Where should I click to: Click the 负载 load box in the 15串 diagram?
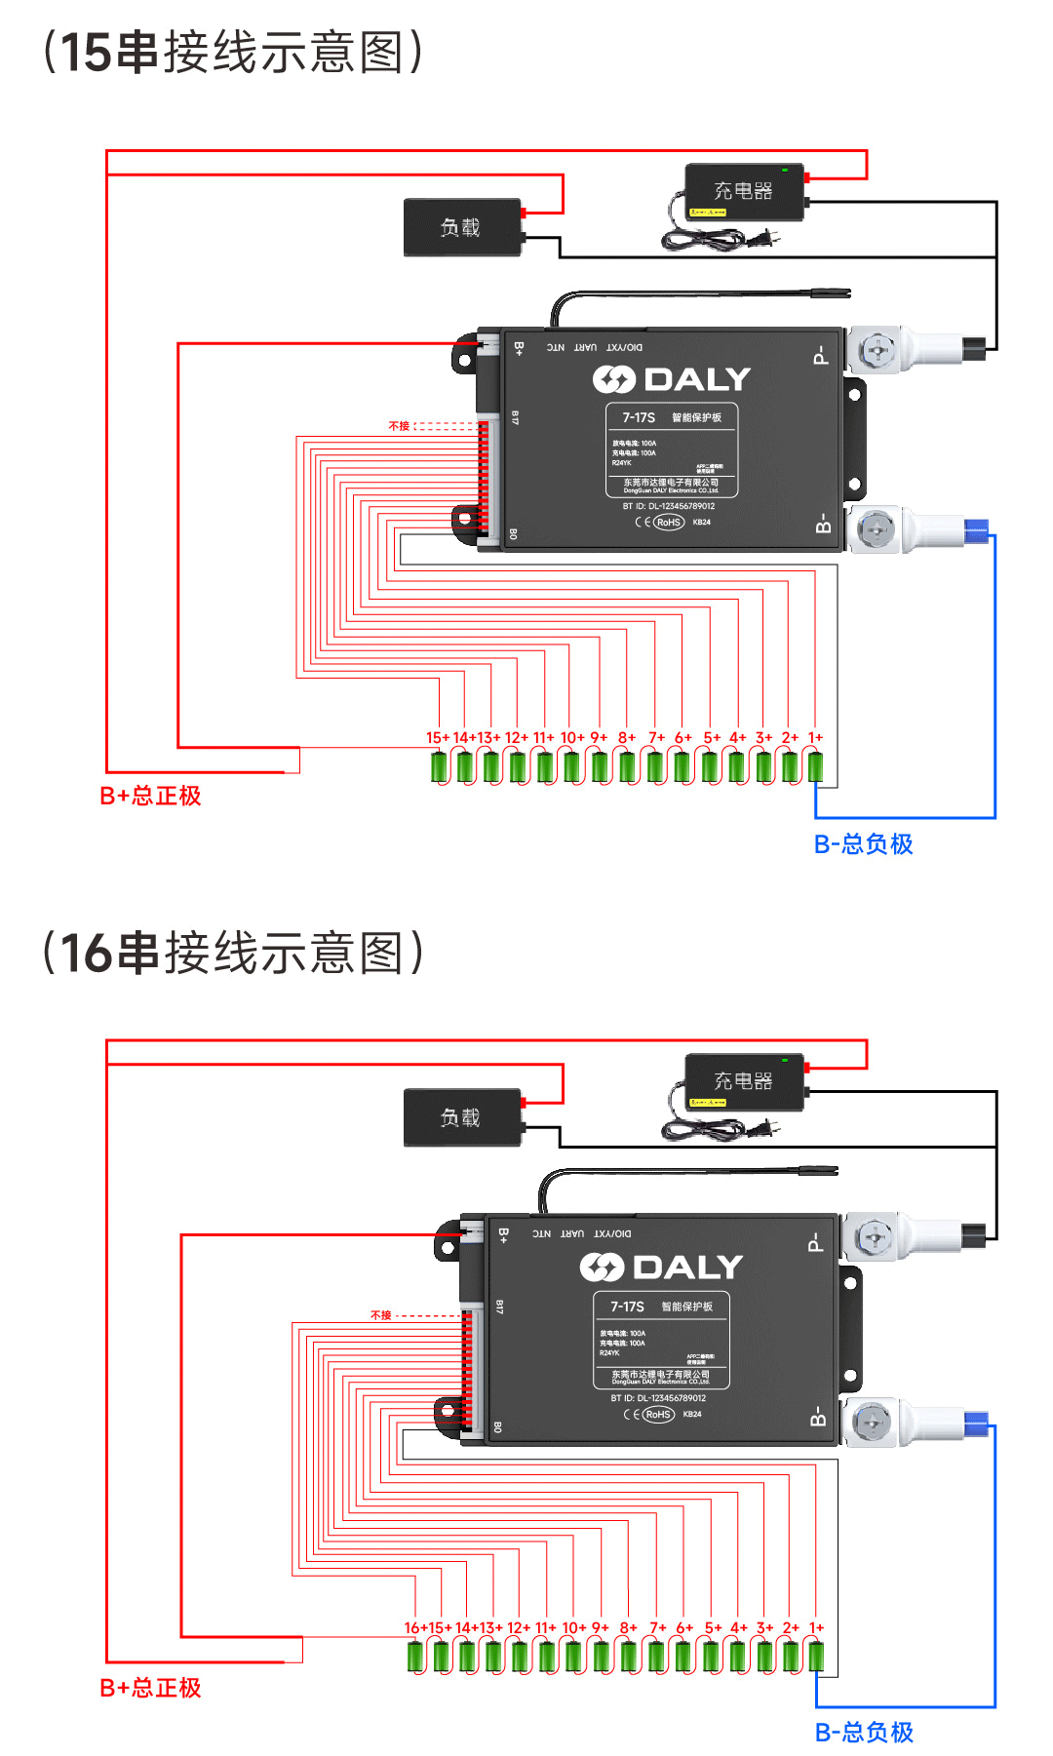[x=461, y=227]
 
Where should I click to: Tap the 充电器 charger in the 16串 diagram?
[x=744, y=1081]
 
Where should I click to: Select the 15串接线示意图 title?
[x=234, y=53]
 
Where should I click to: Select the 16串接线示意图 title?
[x=234, y=953]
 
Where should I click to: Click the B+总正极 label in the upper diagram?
[x=150, y=796]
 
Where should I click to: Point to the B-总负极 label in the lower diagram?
[x=864, y=1732]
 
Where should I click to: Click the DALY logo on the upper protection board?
[x=672, y=379]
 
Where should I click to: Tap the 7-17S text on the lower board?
[x=627, y=1307]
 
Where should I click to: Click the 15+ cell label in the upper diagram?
[x=438, y=738]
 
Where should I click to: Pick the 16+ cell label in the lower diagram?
[x=413, y=1628]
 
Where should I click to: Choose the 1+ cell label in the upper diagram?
[x=815, y=738]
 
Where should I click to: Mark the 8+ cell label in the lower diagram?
[x=628, y=1628]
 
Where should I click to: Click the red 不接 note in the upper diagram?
[x=399, y=426]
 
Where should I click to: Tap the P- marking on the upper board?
[x=820, y=355]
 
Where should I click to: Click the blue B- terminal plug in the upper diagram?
[x=975, y=531]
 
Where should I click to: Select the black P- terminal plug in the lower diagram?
[x=974, y=1235]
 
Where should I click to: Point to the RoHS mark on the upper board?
[x=668, y=523]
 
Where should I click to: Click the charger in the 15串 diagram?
[x=744, y=191]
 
